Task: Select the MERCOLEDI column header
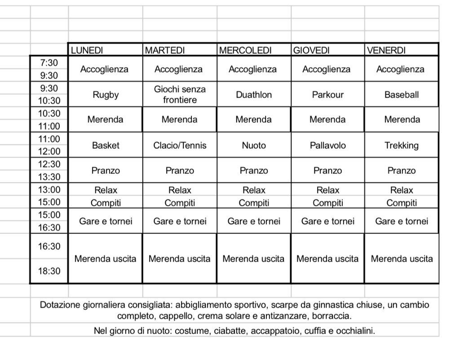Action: click(x=245, y=50)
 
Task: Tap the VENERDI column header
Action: click(x=386, y=50)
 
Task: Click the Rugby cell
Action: click(x=106, y=95)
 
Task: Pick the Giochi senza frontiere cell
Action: click(x=180, y=95)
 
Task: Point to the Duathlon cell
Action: click(x=254, y=95)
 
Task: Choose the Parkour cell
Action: click(x=327, y=95)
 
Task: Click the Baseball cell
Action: click(x=402, y=95)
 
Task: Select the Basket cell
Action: click(x=106, y=145)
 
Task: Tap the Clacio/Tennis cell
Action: click(x=180, y=145)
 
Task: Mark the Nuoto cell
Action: click(x=254, y=145)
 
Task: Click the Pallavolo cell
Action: click(x=327, y=145)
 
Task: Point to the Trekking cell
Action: click(x=402, y=145)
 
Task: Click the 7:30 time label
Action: click(x=49, y=63)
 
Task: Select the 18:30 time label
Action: click(x=49, y=271)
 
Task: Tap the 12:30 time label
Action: click(x=49, y=164)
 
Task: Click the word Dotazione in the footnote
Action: click(x=60, y=305)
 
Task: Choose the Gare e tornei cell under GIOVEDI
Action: click(x=327, y=221)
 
